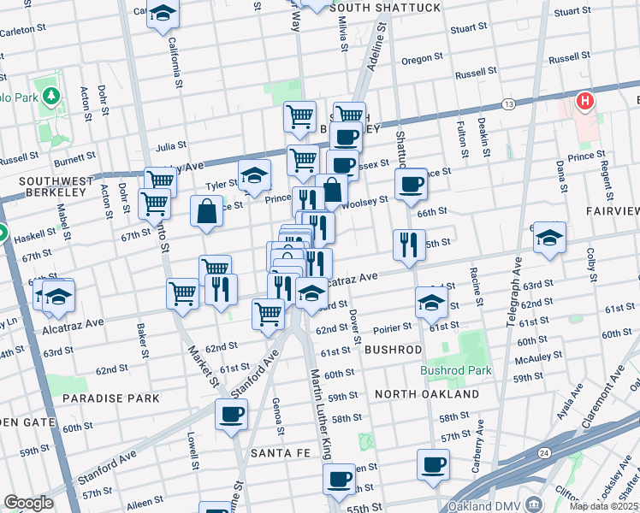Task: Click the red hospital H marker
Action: click(x=585, y=102)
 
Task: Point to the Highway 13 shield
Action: click(x=508, y=103)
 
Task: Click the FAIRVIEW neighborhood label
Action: click(x=612, y=209)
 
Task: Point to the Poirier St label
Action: click(x=394, y=326)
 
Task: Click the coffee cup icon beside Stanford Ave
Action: click(x=231, y=415)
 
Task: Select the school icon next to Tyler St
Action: click(x=254, y=175)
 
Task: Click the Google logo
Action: click(x=28, y=503)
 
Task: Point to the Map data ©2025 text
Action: click(x=604, y=506)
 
